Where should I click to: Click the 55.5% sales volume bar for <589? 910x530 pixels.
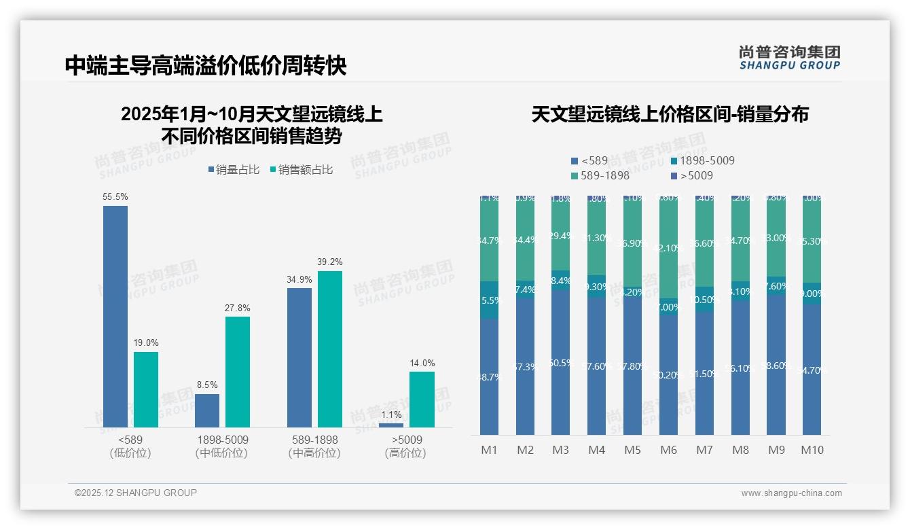pyautogui.click(x=115, y=316)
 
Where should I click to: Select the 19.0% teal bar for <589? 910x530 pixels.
pyautogui.click(x=146, y=389)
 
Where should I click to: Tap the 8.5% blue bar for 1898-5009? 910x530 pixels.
pyautogui.click(x=207, y=410)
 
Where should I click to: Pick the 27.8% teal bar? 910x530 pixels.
pyautogui.click(x=238, y=372)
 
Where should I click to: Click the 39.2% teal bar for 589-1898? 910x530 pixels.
pyautogui.click(x=330, y=349)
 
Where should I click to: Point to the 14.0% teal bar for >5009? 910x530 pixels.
pyautogui.click(x=422, y=399)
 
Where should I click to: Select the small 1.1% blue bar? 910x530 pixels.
pyautogui.click(x=391, y=425)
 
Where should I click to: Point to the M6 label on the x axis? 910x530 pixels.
pyautogui.click(x=668, y=450)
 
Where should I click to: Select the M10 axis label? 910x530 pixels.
pyautogui.click(x=812, y=450)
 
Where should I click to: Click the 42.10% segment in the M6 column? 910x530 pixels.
pyautogui.click(x=668, y=248)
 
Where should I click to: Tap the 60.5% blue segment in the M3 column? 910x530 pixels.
pyautogui.click(x=560, y=363)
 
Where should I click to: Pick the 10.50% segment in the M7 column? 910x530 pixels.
pyautogui.click(x=704, y=299)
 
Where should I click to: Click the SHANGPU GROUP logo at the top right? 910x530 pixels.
pyautogui.click(x=790, y=57)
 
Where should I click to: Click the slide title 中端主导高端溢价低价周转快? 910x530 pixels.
pyautogui.click(x=206, y=65)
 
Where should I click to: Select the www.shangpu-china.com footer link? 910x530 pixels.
pyautogui.click(x=791, y=493)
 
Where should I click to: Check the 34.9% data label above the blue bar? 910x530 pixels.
pyautogui.click(x=299, y=279)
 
